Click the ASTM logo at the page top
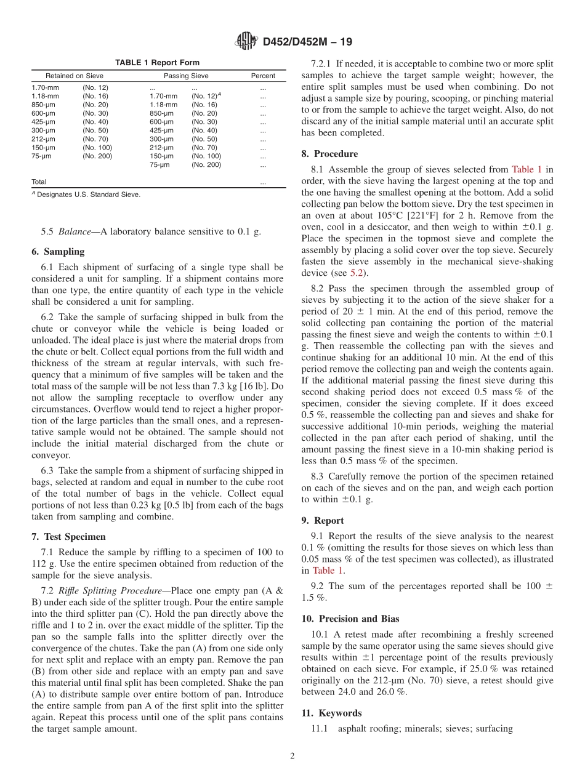click(x=246, y=42)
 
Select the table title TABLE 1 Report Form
click(x=157, y=63)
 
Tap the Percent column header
click(x=263, y=76)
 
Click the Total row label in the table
click(x=39, y=182)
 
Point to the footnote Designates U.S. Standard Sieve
click(x=88, y=195)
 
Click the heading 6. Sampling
click(x=58, y=252)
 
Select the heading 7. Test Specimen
click(x=68, y=537)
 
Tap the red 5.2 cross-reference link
click(x=357, y=273)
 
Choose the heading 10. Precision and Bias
click(x=350, y=619)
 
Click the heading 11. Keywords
click(x=331, y=713)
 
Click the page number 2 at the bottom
click(x=292, y=757)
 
